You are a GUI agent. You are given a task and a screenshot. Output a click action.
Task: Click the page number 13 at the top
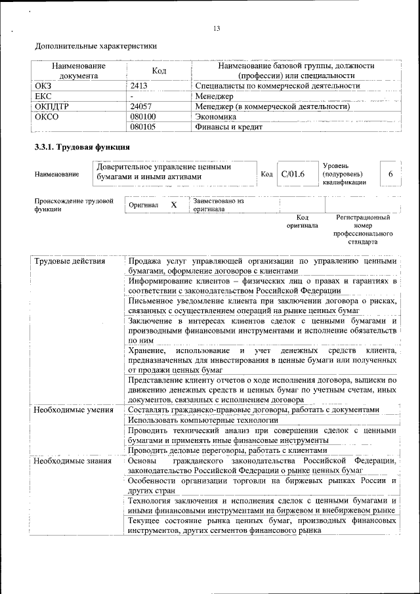[217, 28]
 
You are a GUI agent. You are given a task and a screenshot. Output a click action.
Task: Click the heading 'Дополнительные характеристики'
[96, 47]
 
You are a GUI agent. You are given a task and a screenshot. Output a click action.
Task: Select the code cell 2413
[139, 86]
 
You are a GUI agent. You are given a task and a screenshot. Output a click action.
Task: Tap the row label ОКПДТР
[52, 106]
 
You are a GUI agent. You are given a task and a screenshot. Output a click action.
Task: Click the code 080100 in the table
[143, 117]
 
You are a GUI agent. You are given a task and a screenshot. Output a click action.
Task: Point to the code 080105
[143, 127]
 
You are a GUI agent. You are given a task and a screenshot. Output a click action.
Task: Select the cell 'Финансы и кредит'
[229, 127]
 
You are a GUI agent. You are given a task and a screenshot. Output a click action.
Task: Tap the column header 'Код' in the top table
[159, 71]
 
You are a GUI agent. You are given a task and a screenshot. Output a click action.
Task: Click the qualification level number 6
[390, 174]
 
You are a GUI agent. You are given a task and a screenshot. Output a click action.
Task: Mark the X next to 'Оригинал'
[174, 205]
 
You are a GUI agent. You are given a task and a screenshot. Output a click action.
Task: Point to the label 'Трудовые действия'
[70, 262]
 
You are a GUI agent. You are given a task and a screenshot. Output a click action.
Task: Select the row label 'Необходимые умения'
[73, 410]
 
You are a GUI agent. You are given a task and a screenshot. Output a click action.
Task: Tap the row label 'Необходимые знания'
[72, 461]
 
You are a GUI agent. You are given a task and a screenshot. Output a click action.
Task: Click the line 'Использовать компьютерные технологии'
[203, 420]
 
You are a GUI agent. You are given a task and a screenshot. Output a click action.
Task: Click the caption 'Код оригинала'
[303, 221]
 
